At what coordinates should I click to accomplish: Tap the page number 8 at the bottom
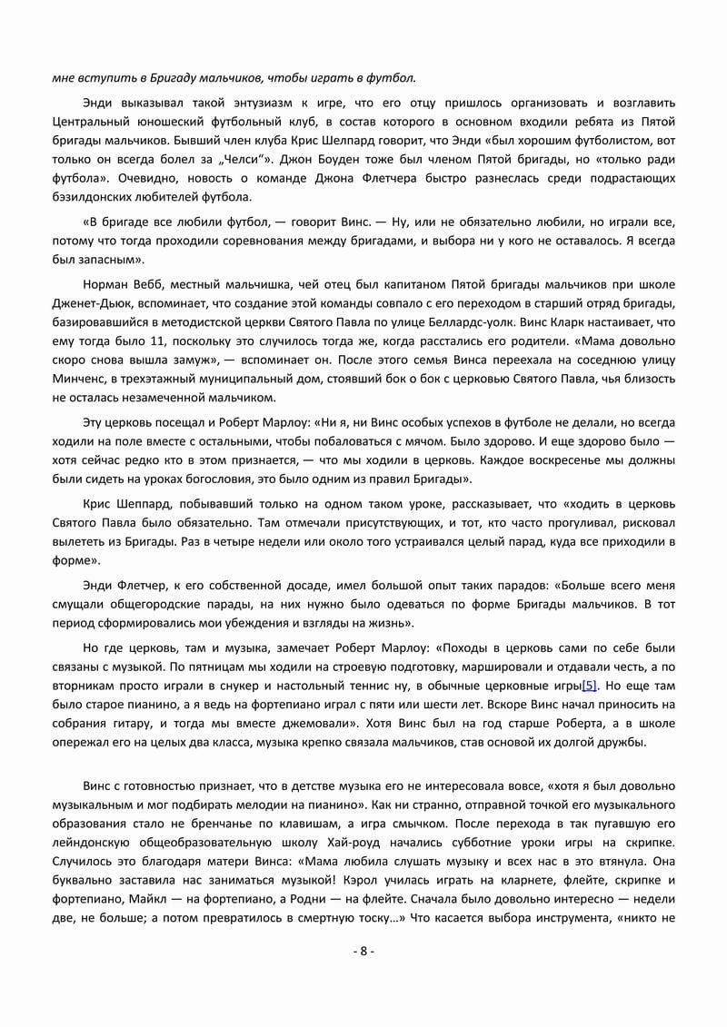pyautogui.click(x=363, y=952)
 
